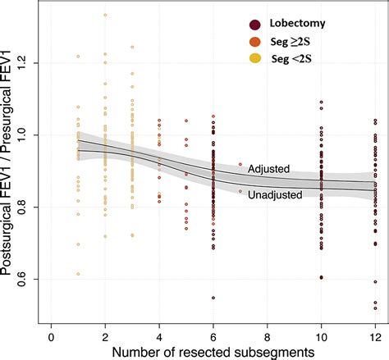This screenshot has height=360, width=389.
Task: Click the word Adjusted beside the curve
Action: pyautogui.click(x=270, y=168)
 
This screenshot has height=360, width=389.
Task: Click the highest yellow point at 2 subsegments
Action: pyautogui.click(x=105, y=15)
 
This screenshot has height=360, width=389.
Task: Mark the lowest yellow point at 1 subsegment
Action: pyautogui.click(x=78, y=274)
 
